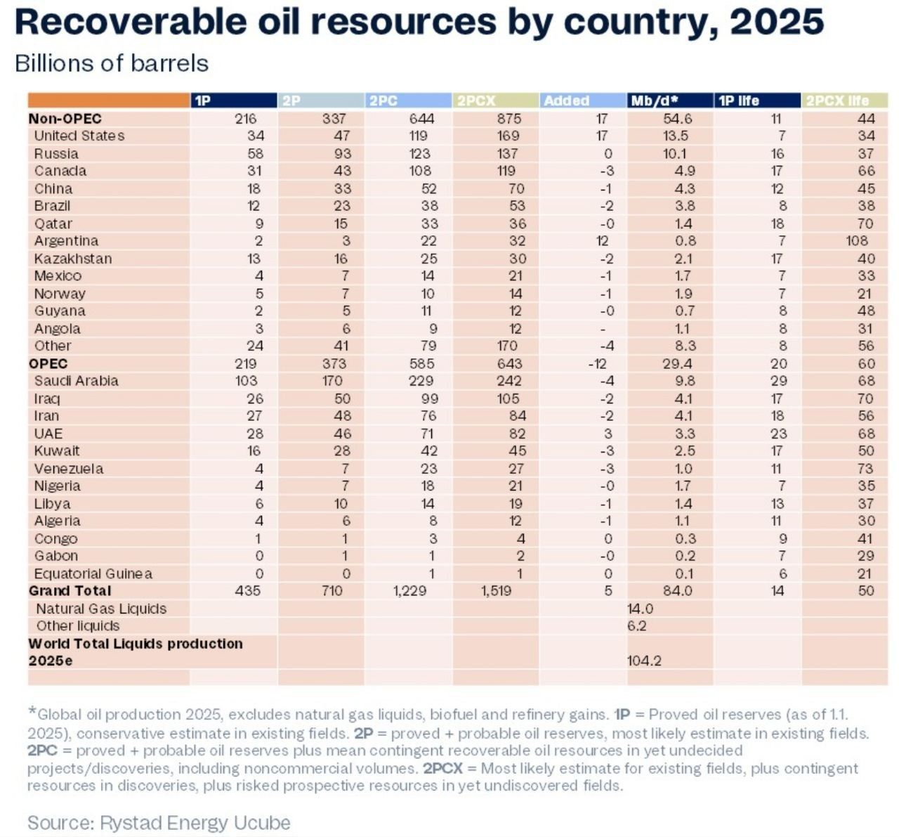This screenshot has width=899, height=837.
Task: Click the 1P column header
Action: click(x=202, y=100)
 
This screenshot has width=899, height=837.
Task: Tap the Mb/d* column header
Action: click(x=658, y=100)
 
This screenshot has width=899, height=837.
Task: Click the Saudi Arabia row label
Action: click(x=76, y=381)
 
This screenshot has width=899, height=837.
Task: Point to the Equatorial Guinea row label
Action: click(x=93, y=573)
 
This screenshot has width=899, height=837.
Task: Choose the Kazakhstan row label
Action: click(x=73, y=259)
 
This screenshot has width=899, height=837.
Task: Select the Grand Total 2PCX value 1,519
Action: click(x=495, y=591)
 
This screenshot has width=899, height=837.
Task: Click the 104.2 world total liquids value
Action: click(x=644, y=661)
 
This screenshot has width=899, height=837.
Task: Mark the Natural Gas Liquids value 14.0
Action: click(x=641, y=609)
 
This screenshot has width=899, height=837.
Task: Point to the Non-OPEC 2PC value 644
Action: click(x=421, y=119)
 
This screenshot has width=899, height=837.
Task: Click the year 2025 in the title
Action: click(x=776, y=22)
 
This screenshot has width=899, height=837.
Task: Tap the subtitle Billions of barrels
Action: click(x=112, y=63)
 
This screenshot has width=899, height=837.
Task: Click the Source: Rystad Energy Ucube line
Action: click(x=159, y=822)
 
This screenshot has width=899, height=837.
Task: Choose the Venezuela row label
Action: click(x=69, y=469)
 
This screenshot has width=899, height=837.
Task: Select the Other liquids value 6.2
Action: click(x=637, y=626)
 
